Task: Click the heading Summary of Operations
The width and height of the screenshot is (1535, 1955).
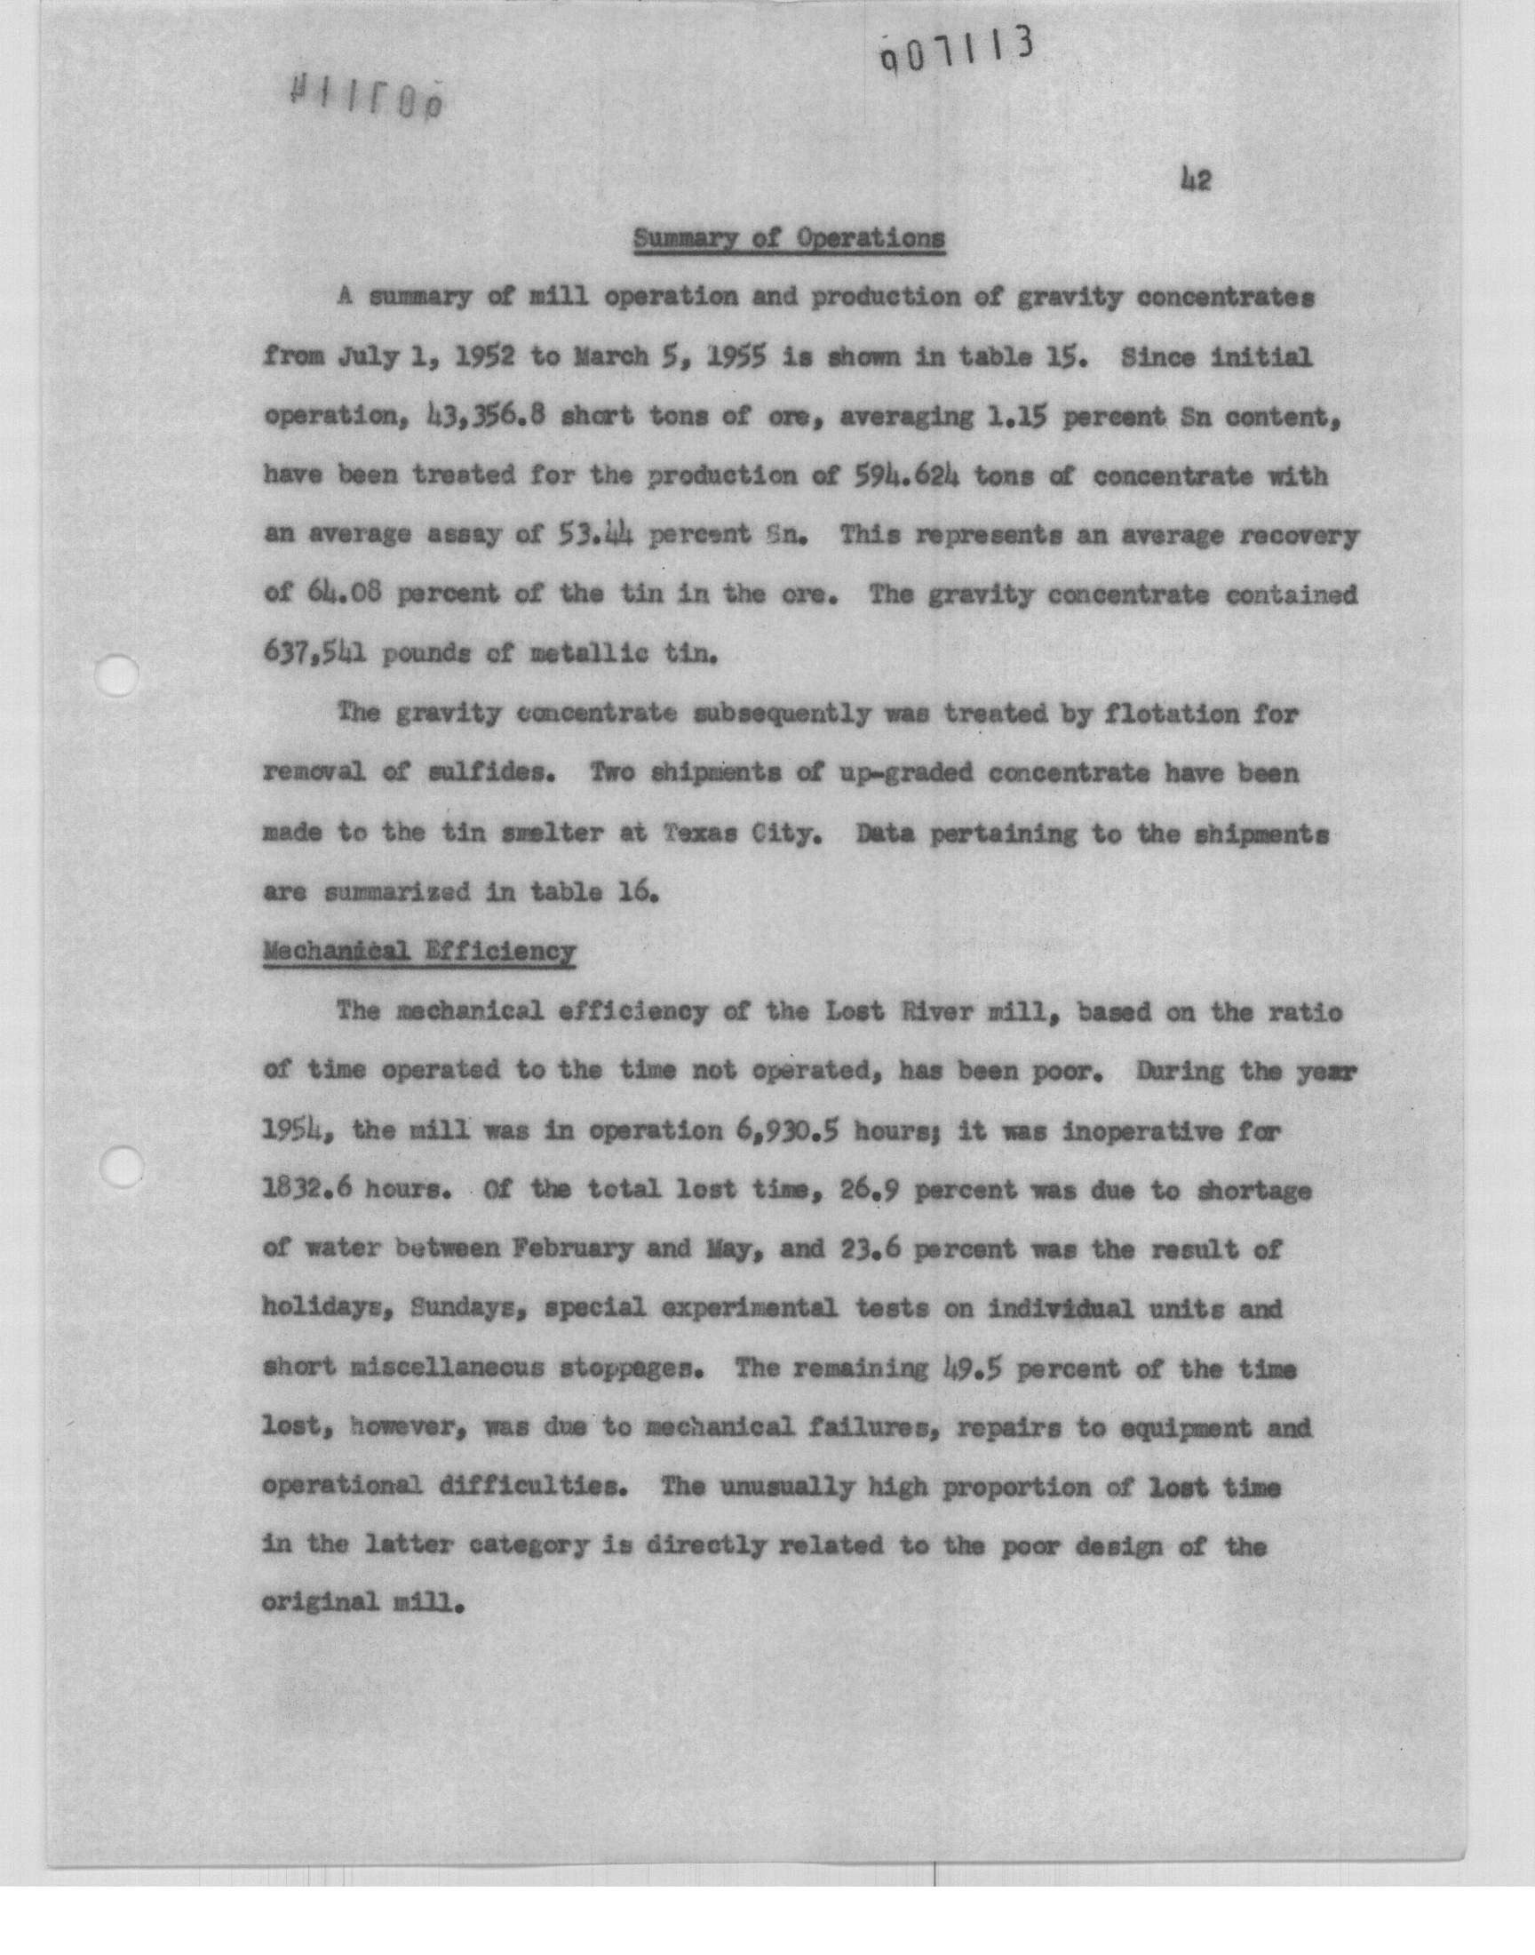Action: point(789,239)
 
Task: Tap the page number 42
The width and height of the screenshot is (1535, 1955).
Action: point(1197,180)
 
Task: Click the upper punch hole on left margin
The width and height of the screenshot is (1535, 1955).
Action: point(120,674)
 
